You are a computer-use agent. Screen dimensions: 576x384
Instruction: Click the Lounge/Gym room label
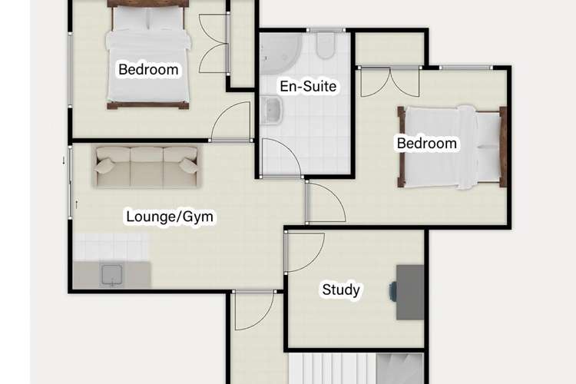click(x=170, y=217)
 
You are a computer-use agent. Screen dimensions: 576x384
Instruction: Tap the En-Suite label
click(x=308, y=86)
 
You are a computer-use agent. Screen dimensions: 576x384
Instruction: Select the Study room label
click(x=341, y=290)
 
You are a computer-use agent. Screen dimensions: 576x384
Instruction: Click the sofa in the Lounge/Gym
click(x=147, y=167)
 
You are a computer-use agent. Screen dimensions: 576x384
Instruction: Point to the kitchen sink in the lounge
click(x=111, y=275)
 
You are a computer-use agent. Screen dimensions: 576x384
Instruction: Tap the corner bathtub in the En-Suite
click(x=280, y=52)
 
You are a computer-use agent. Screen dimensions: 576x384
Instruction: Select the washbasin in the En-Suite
click(x=271, y=111)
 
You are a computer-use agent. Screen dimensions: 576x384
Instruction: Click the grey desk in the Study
click(x=410, y=292)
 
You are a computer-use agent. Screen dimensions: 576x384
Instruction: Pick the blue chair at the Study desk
click(x=392, y=291)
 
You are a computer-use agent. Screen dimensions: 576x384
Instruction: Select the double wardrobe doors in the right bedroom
click(x=389, y=82)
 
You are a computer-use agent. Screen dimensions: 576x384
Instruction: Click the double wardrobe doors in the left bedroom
click(x=214, y=43)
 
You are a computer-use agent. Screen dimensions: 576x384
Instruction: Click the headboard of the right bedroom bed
click(x=503, y=147)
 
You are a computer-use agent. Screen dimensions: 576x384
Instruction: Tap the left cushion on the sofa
click(x=104, y=166)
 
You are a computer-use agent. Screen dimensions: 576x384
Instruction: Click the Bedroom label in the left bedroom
click(x=148, y=69)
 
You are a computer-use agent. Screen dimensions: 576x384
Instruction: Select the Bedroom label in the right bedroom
click(x=427, y=143)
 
